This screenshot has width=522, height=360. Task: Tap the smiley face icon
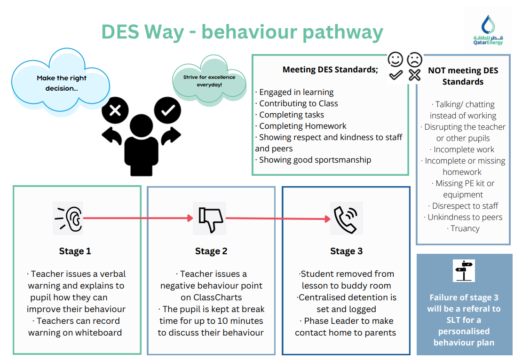tap(395, 59)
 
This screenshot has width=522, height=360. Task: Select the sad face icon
tap(414, 59)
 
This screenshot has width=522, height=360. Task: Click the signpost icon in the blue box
tap(464, 271)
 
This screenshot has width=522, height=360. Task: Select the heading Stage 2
tap(211, 251)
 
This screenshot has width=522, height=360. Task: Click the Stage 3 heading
tap(346, 251)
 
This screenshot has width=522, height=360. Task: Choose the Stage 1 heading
tap(75, 251)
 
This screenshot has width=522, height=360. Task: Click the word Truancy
tap(465, 229)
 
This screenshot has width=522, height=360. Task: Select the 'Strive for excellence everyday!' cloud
tap(209, 80)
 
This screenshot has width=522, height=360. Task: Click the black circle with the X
tap(115, 111)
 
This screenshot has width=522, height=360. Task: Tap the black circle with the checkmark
tap(167, 111)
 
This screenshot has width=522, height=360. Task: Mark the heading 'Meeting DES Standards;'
tap(330, 70)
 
